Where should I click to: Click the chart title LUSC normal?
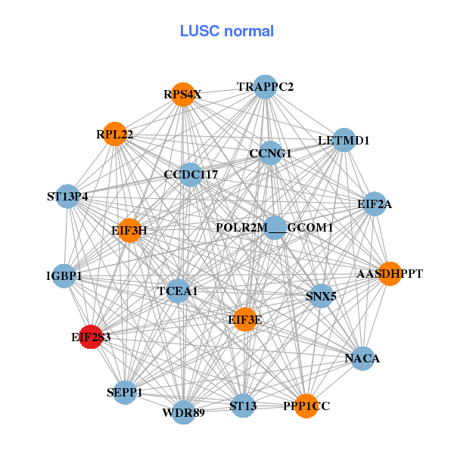point(226,32)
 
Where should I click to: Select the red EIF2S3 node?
point(91,337)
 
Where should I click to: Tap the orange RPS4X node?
point(182,95)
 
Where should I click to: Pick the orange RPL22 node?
point(114,134)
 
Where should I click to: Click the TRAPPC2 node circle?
point(264,87)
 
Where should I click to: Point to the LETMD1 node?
point(344,140)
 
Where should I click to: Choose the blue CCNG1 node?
point(270,153)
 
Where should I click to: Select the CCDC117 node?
point(190,175)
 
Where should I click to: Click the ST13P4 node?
point(68,197)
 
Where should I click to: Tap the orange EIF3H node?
point(129,231)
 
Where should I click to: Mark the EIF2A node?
point(375,204)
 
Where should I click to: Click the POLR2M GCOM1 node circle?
point(275,228)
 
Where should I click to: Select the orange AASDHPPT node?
point(389,273)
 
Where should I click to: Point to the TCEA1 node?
point(178,291)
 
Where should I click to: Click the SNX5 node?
point(321,296)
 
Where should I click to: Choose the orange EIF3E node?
point(244,320)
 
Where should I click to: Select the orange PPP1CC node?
point(306,406)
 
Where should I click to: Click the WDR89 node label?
point(184,413)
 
